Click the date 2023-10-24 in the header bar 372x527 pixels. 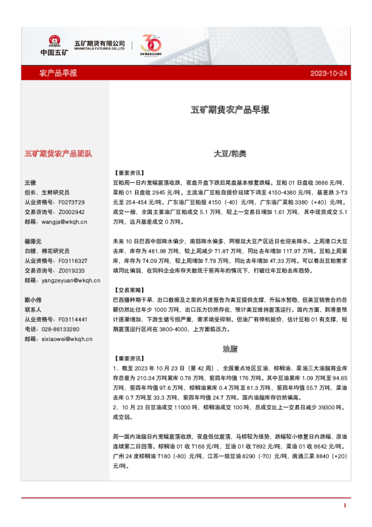(328, 73)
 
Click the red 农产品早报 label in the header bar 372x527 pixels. (58, 73)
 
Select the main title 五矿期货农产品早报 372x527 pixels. (229, 110)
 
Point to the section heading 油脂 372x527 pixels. (229, 348)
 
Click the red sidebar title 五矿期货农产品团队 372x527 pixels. (58, 153)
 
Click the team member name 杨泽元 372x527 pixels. (33, 241)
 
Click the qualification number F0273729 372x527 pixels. (71, 202)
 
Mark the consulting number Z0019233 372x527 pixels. (71, 270)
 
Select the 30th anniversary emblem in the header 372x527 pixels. (151, 44)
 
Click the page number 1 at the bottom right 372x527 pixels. (344, 504)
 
